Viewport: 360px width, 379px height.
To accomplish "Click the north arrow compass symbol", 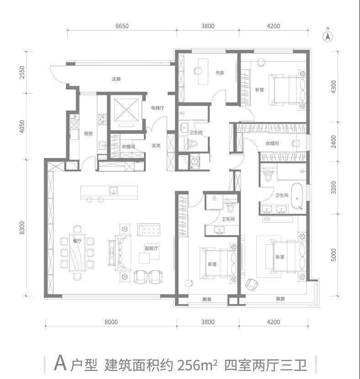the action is click(328, 36).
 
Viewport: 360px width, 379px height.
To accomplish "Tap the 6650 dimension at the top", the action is click(122, 26).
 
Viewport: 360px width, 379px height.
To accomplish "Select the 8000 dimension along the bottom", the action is click(111, 322).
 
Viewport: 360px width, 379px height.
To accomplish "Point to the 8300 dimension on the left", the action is click(22, 228).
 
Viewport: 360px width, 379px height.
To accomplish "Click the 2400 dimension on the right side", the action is click(334, 142).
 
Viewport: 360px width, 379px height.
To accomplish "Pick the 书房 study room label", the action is click(220, 73).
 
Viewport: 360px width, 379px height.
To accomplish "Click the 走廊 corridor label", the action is click(116, 79).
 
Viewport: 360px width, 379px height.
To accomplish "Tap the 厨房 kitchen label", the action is click(89, 133).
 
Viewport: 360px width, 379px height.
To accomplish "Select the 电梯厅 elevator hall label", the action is click(158, 108).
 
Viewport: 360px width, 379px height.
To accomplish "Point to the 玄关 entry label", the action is click(156, 146).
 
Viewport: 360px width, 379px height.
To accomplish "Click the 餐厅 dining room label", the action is click(77, 241).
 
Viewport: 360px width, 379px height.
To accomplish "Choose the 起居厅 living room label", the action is click(152, 248).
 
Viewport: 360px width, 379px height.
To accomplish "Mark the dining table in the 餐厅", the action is click(77, 253).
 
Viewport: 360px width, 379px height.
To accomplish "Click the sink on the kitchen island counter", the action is click(114, 191).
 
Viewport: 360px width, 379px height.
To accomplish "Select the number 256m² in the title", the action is click(197, 364).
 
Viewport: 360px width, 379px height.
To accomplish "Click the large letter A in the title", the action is click(60, 363).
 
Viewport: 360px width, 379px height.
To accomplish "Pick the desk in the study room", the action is click(203, 71).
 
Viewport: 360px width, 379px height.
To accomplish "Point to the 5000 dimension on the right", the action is click(334, 255).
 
